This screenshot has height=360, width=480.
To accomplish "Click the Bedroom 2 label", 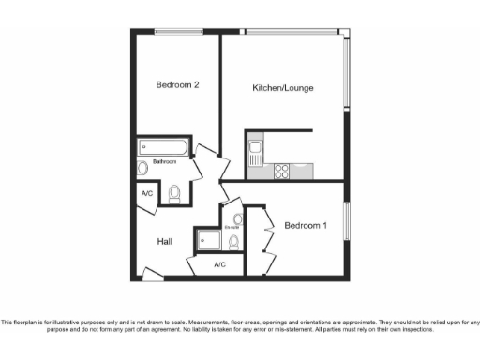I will pos(177,84).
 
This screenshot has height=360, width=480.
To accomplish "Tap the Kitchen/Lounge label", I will pos(283,88).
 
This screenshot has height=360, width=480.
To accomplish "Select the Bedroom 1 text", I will pos(306,225).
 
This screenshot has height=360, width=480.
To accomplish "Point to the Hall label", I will pos(165,242).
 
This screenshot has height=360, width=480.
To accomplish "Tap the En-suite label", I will pos(232,227).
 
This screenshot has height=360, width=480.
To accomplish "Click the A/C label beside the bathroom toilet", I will pos(147,194).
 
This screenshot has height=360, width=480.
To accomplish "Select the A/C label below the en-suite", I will pos(219,265).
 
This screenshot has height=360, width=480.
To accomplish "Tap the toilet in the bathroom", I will pos(174,194).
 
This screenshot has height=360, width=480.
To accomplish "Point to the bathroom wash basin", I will pos(142,169).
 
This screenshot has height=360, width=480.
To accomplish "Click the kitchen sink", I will pos(255,148).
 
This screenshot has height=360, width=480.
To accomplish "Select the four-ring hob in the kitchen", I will pos(279,171).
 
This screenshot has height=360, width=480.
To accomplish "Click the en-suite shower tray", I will pos(209,240).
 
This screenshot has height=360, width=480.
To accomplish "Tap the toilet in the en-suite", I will pos(233,242).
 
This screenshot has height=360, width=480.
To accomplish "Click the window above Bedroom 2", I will pos(178,32).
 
